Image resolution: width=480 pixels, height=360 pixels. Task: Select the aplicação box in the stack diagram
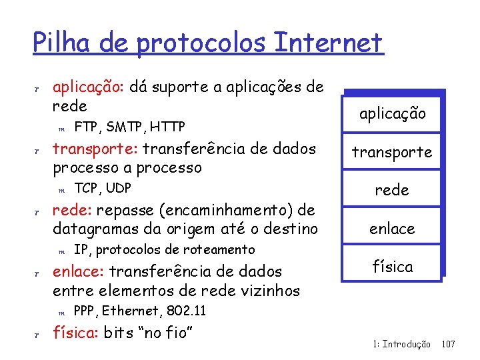pyautogui.click(x=392, y=113)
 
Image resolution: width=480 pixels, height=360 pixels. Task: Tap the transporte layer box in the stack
pyautogui.click(x=392, y=152)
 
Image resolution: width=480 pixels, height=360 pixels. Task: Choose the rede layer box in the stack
pyautogui.click(x=392, y=190)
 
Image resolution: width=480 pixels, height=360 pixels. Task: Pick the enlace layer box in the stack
pyautogui.click(x=392, y=229)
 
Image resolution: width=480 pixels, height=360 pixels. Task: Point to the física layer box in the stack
pyautogui.click(x=392, y=267)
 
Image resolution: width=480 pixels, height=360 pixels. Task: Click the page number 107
pyautogui.click(x=448, y=344)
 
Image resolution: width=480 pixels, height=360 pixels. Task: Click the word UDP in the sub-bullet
pyautogui.click(x=119, y=187)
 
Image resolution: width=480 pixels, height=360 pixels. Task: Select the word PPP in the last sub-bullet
pyautogui.click(x=85, y=311)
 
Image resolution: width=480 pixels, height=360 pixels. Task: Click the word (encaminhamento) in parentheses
pyautogui.click(x=212, y=211)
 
